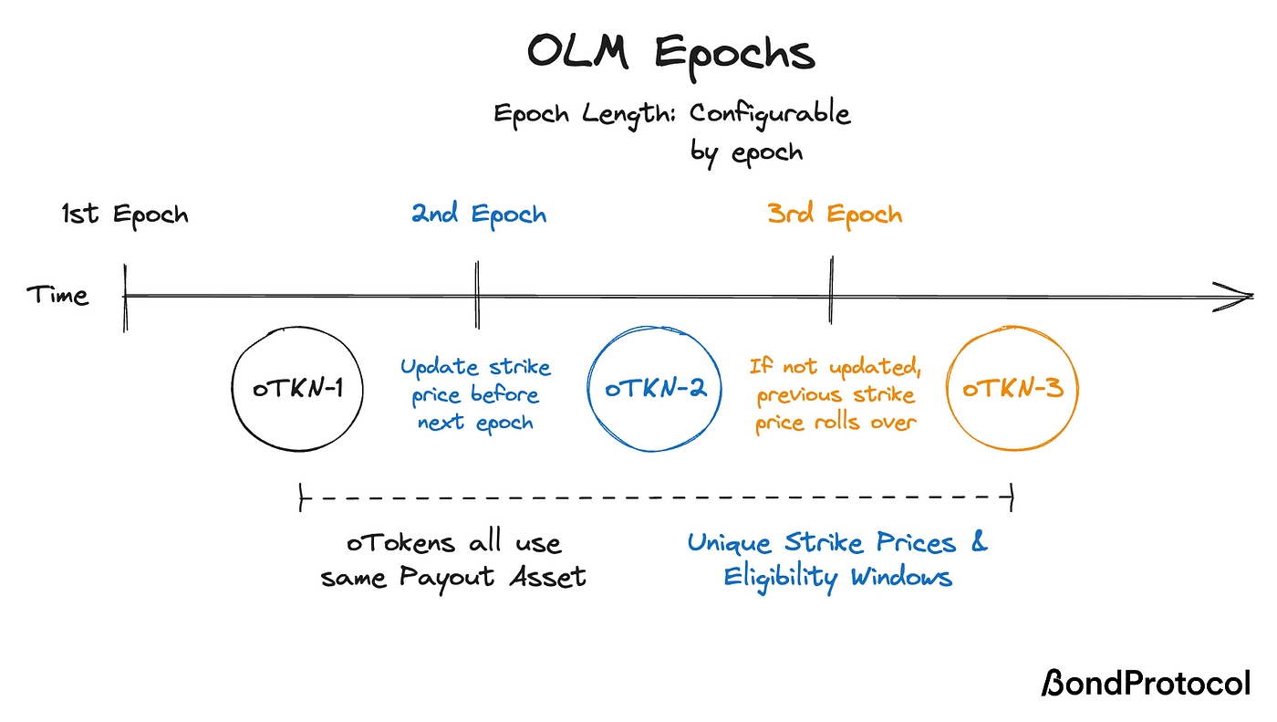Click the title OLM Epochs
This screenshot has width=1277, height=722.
coord(670,53)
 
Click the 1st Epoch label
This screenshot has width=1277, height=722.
coord(125,215)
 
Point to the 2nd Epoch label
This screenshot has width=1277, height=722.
coord(479,215)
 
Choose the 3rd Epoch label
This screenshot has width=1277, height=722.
coord(835,215)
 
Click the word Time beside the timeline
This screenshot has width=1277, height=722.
coord(57,296)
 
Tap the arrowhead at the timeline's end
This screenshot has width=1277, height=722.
coord(1241,296)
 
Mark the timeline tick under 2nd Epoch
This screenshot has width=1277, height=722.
coord(476,294)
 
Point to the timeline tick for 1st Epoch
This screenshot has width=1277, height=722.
coord(125,296)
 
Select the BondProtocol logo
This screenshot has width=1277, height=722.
coord(1146,683)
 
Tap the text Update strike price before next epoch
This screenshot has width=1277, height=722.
coord(475,395)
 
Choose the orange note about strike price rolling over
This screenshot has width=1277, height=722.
coord(835,395)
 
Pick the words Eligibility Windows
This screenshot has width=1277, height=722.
coord(837,578)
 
